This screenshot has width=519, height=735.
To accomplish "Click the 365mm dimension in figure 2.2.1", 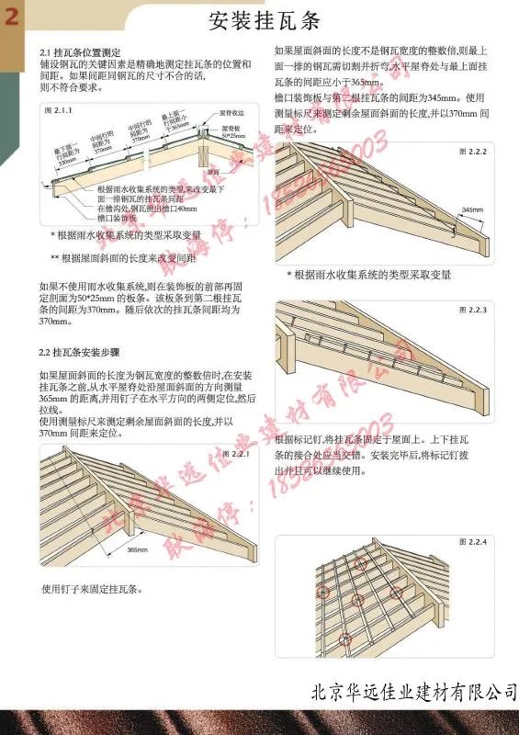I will click(x=137, y=549).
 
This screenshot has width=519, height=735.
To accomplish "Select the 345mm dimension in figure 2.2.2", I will click(x=471, y=209).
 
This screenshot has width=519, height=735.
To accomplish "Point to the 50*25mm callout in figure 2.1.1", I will click(x=233, y=136).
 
